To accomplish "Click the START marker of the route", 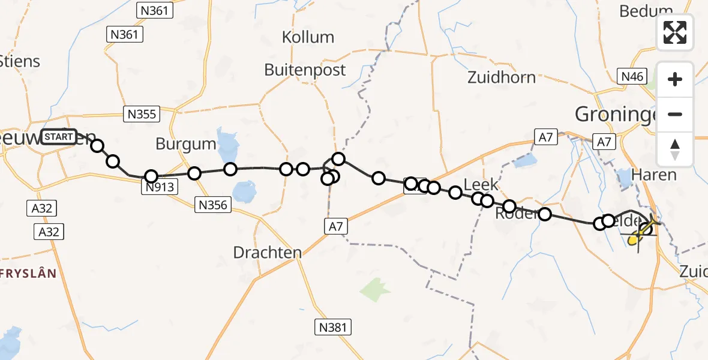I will pos(59,137).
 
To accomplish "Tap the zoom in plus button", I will pos(675,79).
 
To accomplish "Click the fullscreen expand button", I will pos(675,32).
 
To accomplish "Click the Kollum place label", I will pos(308,37).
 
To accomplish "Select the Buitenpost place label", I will pos(305,70).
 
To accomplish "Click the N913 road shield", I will pos(160,187).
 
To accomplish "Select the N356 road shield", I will pos(212,205).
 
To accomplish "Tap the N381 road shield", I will pos(332,326).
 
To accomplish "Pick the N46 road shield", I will pos(632,76).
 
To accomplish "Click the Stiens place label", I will pos(20,61).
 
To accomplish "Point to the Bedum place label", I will pos(646,11).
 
